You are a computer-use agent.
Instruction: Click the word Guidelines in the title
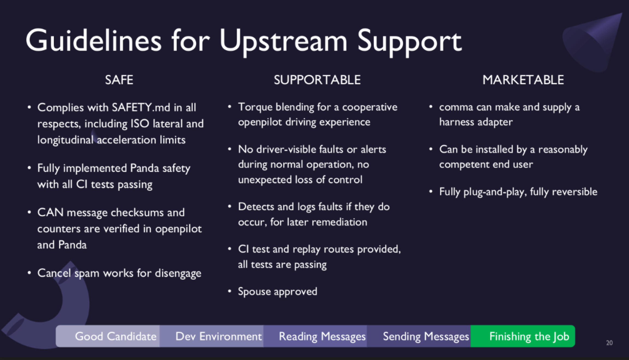(93, 41)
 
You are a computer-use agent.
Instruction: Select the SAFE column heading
(119, 80)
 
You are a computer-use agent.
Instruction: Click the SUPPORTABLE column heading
(317, 80)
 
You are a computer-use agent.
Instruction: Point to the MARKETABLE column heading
(523, 80)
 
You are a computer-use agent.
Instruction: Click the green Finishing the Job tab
(523, 336)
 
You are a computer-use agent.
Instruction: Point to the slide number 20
(609, 343)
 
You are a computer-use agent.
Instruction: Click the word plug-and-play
(495, 192)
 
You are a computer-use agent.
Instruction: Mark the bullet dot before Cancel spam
(29, 273)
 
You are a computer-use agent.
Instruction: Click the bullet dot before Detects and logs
(230, 206)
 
